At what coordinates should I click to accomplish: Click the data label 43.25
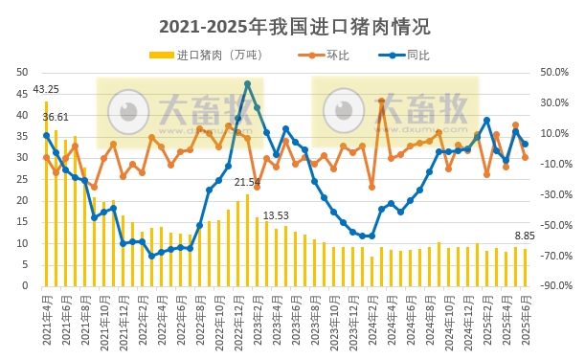(x=45, y=90)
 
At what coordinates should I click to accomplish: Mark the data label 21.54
(x=247, y=182)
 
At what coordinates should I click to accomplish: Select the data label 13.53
(x=276, y=216)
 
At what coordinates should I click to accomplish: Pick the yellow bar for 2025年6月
(x=525, y=267)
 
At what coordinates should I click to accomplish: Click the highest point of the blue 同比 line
(x=247, y=84)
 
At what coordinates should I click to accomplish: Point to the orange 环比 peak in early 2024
(x=381, y=101)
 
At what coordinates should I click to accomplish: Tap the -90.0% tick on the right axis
(x=555, y=286)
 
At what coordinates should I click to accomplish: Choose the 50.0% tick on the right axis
(x=555, y=72)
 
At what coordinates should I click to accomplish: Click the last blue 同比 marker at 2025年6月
(x=525, y=145)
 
